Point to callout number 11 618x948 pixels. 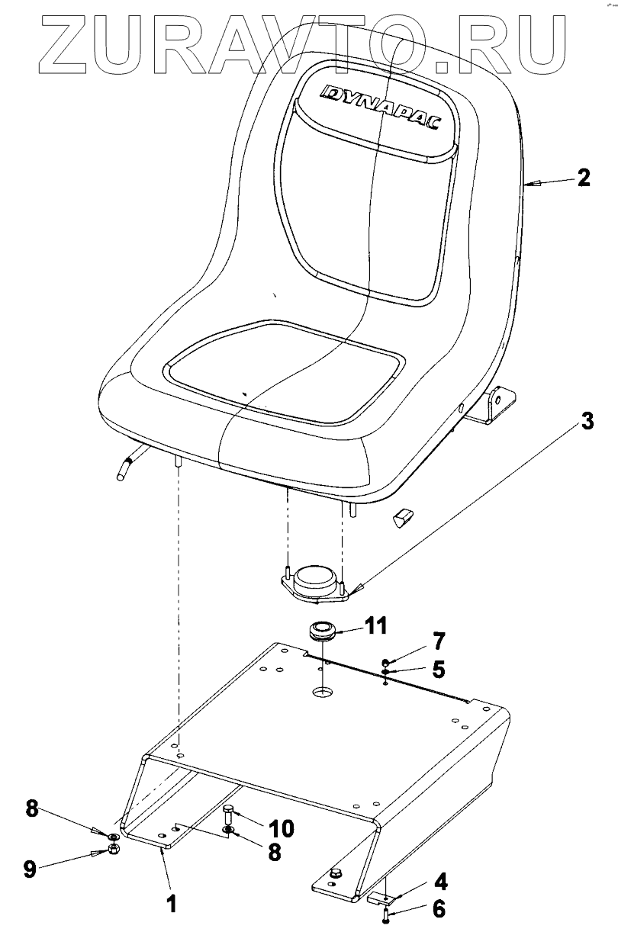(x=374, y=627)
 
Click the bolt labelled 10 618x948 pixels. (x=228, y=813)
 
